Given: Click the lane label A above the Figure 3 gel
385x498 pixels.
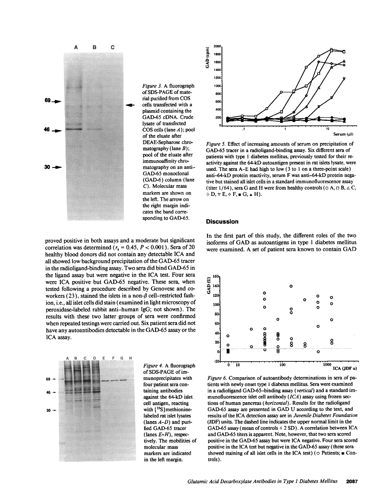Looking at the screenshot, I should point(76,48).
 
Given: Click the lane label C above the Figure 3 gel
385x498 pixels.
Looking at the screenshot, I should point(112,48).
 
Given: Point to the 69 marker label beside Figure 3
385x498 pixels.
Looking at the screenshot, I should point(48,100).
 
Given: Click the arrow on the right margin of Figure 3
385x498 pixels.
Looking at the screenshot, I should point(130,105).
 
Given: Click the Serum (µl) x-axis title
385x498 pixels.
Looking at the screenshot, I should point(343,134).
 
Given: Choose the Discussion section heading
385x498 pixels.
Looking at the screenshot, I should point(222,221).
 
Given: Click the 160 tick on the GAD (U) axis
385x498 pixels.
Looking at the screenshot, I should point(215,277).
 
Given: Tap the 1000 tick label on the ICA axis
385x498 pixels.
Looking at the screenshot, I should point(327,365).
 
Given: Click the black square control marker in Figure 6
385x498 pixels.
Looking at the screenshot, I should point(228,351).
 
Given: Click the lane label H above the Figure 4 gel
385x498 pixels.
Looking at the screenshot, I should point(130,358).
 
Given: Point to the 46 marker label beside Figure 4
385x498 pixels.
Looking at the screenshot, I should point(48,392).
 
